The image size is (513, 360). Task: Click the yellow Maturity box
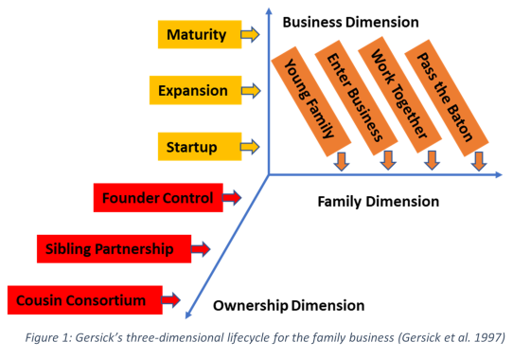click(200, 34)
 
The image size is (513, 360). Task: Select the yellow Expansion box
click(195, 90)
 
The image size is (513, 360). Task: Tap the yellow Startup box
click(200, 147)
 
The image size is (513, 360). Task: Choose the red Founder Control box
click(158, 197)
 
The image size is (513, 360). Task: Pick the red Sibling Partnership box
click(114, 248)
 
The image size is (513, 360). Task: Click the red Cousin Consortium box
click(85, 300)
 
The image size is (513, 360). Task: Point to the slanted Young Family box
click(311, 101)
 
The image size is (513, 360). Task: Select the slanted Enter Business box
click(356, 98)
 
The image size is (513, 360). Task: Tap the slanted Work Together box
click(399, 95)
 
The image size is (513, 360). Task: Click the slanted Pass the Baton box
click(447, 98)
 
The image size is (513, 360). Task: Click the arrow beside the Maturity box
click(250, 34)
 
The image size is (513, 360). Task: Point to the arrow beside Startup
click(250, 147)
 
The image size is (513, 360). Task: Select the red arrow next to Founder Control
click(232, 197)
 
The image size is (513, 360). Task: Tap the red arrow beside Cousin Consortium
click(170, 299)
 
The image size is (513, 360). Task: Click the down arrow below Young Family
click(342, 161)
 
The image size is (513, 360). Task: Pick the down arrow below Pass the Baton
click(479, 161)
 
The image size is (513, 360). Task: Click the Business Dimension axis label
click(351, 23)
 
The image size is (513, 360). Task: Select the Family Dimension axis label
click(379, 202)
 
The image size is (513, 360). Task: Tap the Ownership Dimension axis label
click(289, 306)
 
